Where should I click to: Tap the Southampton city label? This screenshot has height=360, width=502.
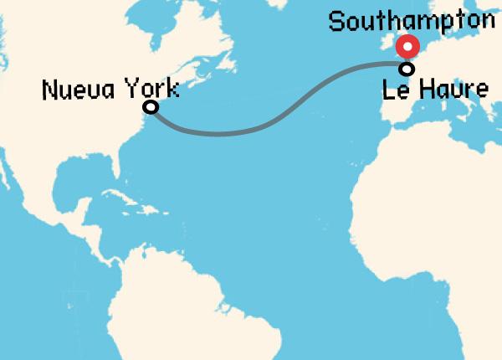[x=412, y=21]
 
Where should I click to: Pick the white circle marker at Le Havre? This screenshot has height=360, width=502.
[x=407, y=69]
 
